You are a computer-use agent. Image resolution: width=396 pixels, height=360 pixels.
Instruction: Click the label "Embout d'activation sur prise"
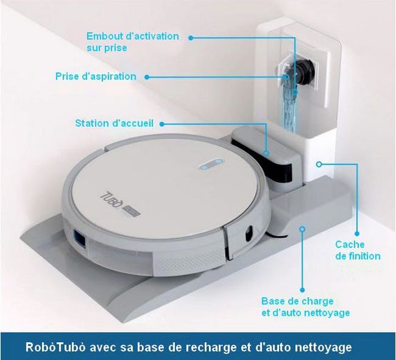(x=133, y=42)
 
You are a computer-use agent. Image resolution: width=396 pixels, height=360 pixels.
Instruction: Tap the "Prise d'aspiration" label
(x=96, y=76)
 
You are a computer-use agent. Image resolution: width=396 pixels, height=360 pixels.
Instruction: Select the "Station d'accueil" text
(x=114, y=123)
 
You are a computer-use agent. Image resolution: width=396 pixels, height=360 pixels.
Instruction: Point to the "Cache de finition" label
(x=358, y=250)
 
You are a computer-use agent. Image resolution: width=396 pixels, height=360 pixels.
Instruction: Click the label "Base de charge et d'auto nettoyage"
(x=305, y=307)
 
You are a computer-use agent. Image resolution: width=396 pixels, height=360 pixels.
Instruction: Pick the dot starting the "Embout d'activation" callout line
(x=191, y=38)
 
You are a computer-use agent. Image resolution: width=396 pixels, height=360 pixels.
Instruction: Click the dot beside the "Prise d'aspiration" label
(x=147, y=77)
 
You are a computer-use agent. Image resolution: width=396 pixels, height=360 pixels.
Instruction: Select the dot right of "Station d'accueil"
(x=162, y=124)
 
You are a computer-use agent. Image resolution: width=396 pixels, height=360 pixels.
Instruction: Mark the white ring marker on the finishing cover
(x=319, y=164)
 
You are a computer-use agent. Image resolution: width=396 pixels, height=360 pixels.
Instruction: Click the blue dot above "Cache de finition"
(x=357, y=234)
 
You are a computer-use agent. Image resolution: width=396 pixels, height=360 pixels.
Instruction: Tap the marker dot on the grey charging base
(x=303, y=229)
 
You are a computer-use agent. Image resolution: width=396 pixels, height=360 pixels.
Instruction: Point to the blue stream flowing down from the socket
(x=290, y=106)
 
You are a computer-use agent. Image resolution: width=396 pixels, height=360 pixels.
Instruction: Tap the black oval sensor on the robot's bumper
(x=249, y=232)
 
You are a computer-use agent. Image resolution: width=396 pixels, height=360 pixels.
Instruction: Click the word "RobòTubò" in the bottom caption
(x=57, y=347)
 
